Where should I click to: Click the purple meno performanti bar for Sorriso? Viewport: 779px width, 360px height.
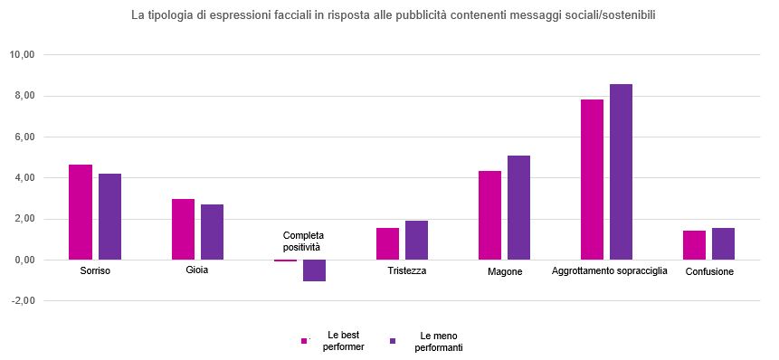pos(109,217)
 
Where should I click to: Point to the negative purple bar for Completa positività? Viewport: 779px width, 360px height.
pos(314,270)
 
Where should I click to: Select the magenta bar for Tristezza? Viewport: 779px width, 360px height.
pos(387,244)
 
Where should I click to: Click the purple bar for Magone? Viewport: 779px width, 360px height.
pos(518,208)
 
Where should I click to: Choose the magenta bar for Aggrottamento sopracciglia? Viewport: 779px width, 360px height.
pos(592,180)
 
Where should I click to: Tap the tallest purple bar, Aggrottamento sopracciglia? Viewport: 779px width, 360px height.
pos(621,172)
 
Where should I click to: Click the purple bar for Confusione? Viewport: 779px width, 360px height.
pos(723,244)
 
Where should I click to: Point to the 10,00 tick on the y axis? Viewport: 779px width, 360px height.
pos(21,55)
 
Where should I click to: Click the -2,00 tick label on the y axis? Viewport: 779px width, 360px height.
pos(21,301)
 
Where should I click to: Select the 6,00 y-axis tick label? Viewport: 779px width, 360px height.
pos(21,137)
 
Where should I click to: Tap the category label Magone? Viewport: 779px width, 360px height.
pos(504,271)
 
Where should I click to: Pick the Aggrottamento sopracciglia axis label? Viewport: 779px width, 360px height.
pos(609,270)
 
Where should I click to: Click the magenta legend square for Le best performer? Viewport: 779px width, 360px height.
pos(304,341)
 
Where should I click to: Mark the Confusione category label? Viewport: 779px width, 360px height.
pos(709,271)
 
